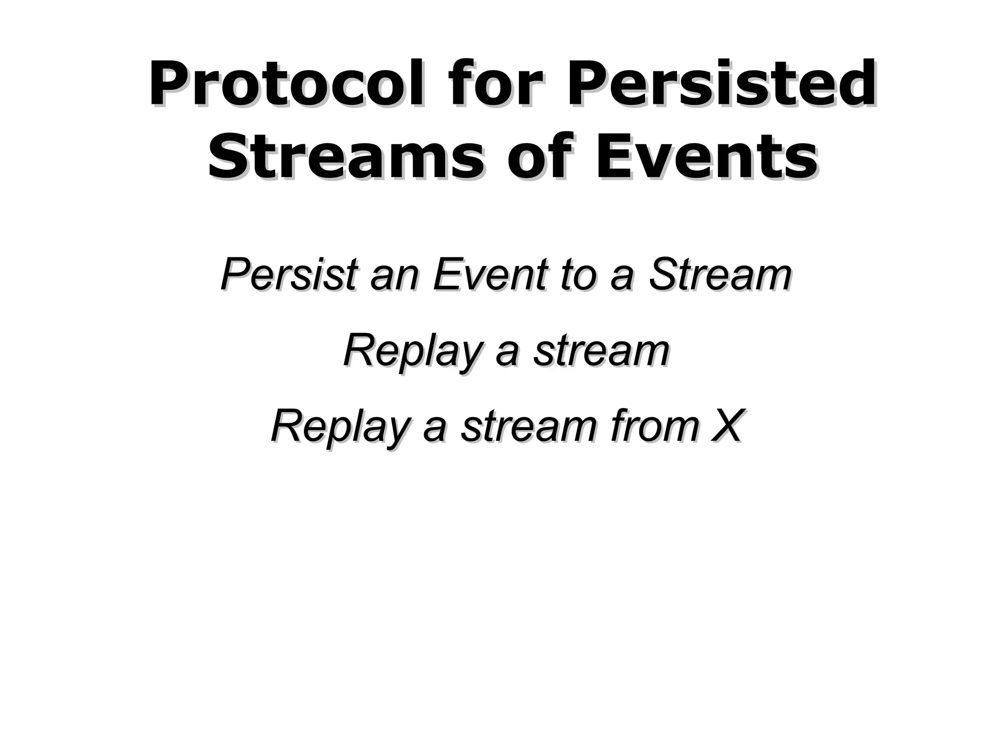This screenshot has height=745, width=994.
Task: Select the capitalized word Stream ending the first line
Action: (x=720, y=275)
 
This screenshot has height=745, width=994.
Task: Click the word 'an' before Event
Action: (x=393, y=275)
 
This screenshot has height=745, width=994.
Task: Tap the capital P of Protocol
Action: (x=167, y=83)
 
